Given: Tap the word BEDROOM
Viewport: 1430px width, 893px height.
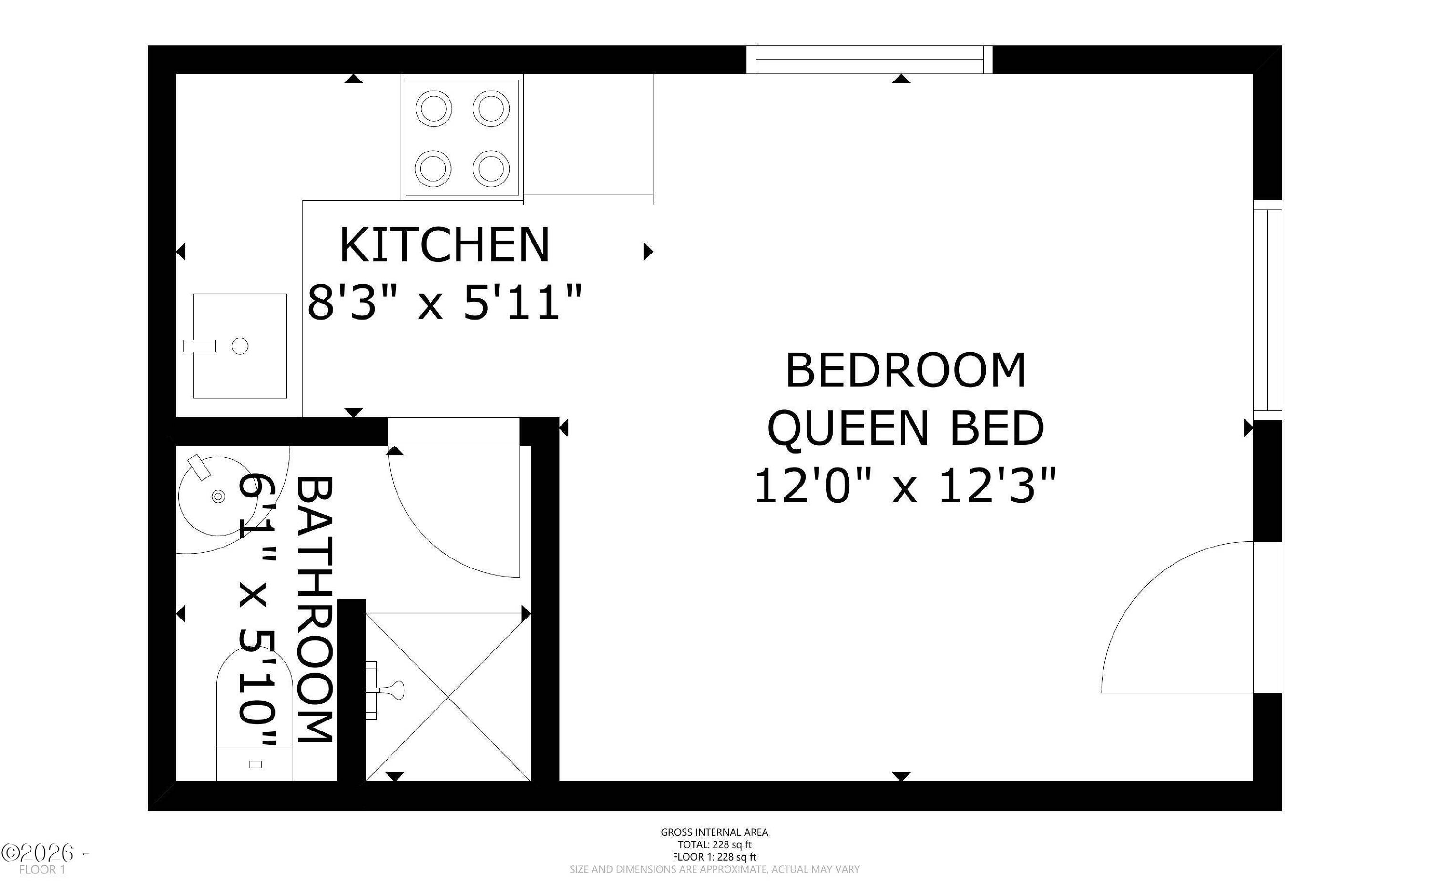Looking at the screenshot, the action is click(906, 370).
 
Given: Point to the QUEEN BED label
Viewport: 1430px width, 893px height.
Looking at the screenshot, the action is click(906, 428).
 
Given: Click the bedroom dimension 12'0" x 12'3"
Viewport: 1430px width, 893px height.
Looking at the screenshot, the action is click(905, 486).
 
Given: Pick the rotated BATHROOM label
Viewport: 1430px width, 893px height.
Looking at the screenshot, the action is click(314, 609).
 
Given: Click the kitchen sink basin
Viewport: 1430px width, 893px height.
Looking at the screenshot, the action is click(240, 345).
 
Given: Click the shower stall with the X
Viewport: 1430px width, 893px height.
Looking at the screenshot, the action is click(448, 697).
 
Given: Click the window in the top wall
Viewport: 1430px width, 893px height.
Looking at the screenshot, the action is click(869, 60).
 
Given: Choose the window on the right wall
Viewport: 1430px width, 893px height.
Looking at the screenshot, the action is click(1267, 309).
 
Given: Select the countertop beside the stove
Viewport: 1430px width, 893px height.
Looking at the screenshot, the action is click(588, 140).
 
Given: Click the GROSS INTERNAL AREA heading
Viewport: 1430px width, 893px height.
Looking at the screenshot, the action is click(714, 832).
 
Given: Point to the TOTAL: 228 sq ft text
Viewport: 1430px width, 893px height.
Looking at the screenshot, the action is click(714, 844).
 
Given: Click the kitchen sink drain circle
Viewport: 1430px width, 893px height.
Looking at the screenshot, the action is click(240, 346).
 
